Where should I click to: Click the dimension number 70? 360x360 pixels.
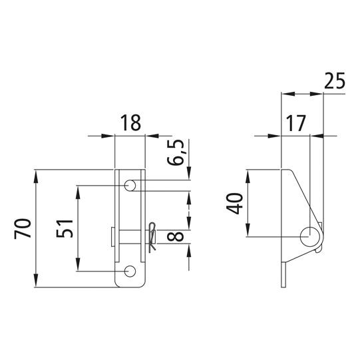point(23,229)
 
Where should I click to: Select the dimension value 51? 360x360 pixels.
point(65,229)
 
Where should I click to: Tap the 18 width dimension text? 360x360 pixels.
point(130,123)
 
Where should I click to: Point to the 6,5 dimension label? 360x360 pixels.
point(176,152)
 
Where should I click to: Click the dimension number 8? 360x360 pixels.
point(176,236)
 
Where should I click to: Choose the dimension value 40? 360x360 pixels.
point(234,204)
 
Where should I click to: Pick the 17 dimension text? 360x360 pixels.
point(296,123)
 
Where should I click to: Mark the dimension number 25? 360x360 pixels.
point(335,81)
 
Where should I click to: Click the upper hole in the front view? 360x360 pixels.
point(130,185)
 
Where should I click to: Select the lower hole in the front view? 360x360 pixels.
point(130,271)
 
